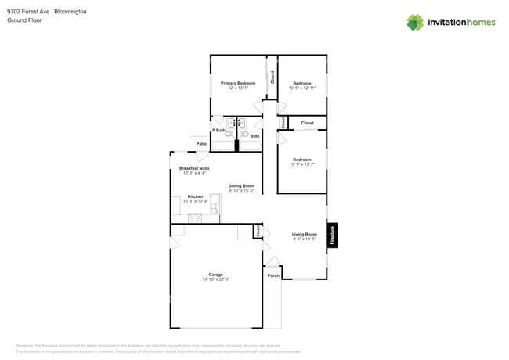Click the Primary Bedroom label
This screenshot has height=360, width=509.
[237, 83]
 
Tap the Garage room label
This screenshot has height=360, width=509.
[216, 275]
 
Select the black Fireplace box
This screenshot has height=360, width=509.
[333, 234]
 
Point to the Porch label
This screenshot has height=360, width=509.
[273, 276]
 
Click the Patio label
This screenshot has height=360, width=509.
[201, 144]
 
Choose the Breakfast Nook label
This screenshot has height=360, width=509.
[194, 168]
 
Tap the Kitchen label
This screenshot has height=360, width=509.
[195, 196]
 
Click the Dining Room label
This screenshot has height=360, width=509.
[241, 185]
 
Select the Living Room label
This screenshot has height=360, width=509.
[304, 234]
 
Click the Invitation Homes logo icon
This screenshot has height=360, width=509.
[415, 22]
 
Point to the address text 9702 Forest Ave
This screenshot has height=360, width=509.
[30, 12]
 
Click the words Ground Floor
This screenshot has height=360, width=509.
[23, 20]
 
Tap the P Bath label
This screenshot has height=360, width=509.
[219, 131]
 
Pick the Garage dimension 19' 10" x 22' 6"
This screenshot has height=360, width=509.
[216, 279]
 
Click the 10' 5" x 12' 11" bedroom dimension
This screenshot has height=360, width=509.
[302, 88]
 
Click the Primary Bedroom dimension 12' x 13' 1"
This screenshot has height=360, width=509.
[237, 88]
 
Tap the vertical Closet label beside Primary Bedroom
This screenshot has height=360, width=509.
[273, 77]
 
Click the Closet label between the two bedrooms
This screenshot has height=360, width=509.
[307, 123]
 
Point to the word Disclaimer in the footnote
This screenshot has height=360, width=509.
[25, 346]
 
